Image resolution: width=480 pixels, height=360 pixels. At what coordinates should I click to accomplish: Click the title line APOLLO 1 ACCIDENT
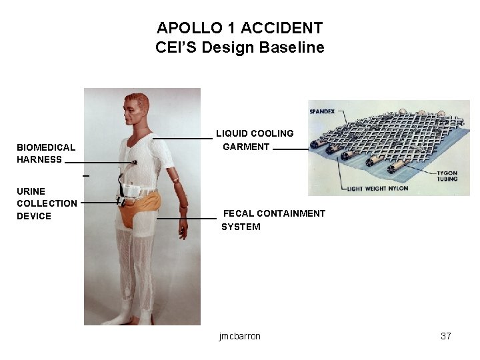[x=239, y=28]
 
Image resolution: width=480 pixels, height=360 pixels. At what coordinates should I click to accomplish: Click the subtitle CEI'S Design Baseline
[x=239, y=47]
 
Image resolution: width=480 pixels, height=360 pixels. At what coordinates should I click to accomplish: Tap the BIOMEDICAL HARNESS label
[x=46, y=153]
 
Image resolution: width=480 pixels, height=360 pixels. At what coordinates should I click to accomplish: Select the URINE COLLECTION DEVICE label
[x=47, y=203]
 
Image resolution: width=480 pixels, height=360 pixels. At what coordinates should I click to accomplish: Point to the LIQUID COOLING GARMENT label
[x=253, y=140]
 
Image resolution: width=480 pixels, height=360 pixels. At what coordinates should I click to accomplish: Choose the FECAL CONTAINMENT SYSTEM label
[x=273, y=220]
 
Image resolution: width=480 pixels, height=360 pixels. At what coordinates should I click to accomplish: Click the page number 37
[x=446, y=336]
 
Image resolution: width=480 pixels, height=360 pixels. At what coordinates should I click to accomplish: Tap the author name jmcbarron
[x=239, y=336]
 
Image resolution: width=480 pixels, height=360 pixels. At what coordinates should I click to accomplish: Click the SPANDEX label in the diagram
[x=322, y=111]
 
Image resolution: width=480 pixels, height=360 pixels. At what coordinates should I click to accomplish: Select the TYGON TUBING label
[x=447, y=175]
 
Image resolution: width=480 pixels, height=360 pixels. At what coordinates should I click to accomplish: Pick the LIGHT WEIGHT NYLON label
[x=377, y=189]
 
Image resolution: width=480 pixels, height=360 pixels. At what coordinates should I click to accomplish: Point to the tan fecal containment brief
[x=143, y=203]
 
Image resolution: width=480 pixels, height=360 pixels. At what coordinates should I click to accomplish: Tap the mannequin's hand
[x=182, y=230]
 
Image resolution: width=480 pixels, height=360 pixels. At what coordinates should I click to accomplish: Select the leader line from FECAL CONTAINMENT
[x=187, y=218]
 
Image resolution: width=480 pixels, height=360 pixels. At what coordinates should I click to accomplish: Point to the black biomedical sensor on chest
[x=134, y=162]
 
